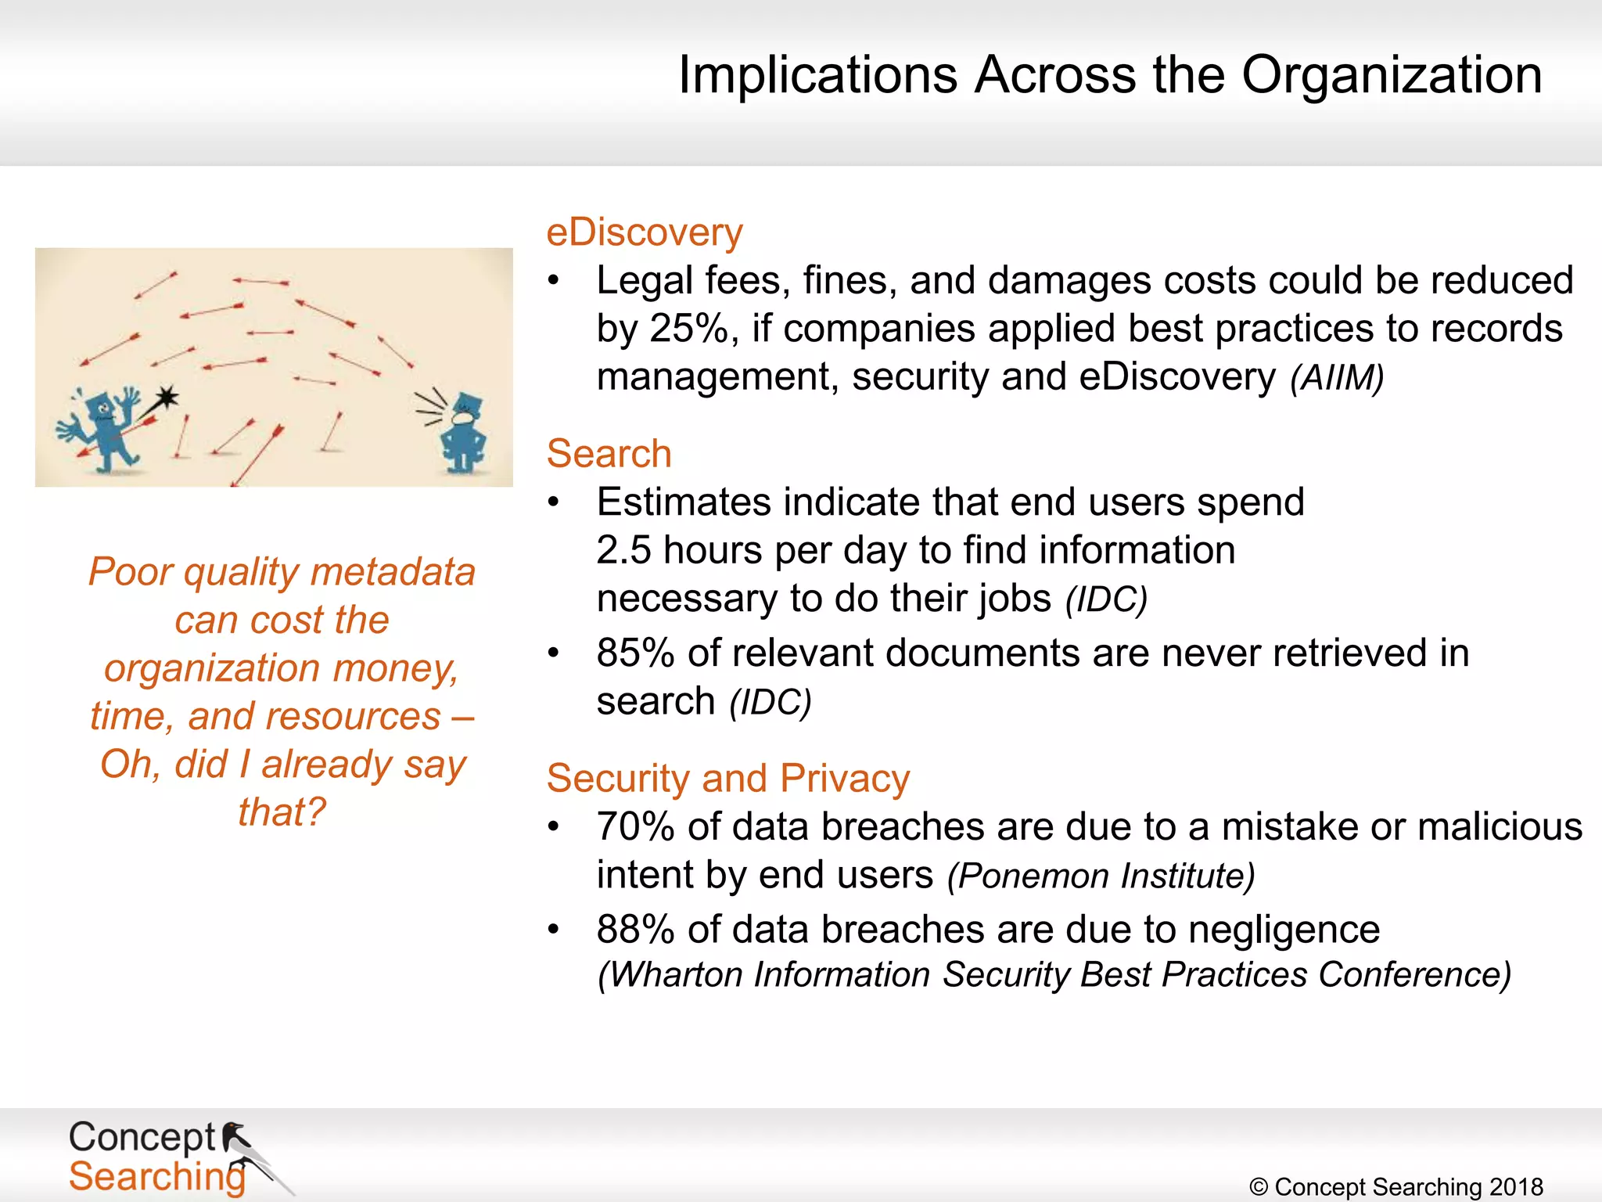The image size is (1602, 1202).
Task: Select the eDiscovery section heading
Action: pos(644,232)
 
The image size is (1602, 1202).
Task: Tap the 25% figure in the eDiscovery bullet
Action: pos(689,329)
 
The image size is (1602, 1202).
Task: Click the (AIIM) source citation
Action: pos(1337,379)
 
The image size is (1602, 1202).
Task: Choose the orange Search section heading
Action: pos(609,454)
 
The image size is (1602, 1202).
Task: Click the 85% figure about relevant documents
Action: pos(634,653)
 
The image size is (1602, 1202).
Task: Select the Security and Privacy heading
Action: pos(727,779)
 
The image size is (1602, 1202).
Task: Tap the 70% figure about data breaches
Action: pos(634,827)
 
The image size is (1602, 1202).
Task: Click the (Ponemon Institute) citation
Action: pos(1101,876)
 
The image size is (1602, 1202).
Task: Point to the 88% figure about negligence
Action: pos(634,930)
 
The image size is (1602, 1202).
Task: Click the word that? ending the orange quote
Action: pos(282,812)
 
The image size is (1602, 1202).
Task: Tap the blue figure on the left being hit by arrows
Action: pos(106,430)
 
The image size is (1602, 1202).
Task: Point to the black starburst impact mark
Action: pos(166,398)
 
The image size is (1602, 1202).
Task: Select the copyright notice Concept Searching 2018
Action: pos(1396,1186)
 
